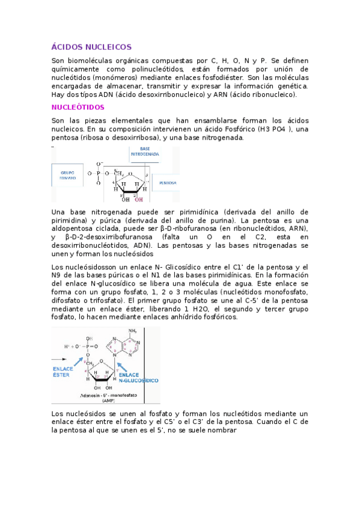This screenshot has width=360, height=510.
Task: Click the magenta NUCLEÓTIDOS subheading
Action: pos(78,107)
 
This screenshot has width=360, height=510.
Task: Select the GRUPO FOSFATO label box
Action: pos(67,175)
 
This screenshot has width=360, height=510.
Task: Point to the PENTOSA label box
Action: pos(168,182)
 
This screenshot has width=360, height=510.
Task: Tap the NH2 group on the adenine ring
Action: pos(133,331)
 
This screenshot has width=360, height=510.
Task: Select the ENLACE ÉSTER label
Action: pos(61,371)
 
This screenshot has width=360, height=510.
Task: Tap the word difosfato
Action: pos(69,300)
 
